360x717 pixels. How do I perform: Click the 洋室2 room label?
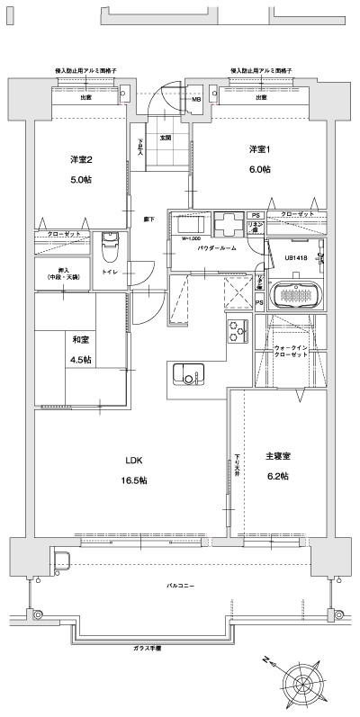pos(81,159)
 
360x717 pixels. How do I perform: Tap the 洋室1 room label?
pos(260,149)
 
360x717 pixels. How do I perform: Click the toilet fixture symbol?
pos(109,243)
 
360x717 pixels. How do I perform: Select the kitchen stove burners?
pos(238,332)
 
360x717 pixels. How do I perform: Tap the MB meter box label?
pos(196,99)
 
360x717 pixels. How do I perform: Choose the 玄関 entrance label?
pos(166,138)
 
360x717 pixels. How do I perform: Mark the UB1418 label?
pos(296,258)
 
